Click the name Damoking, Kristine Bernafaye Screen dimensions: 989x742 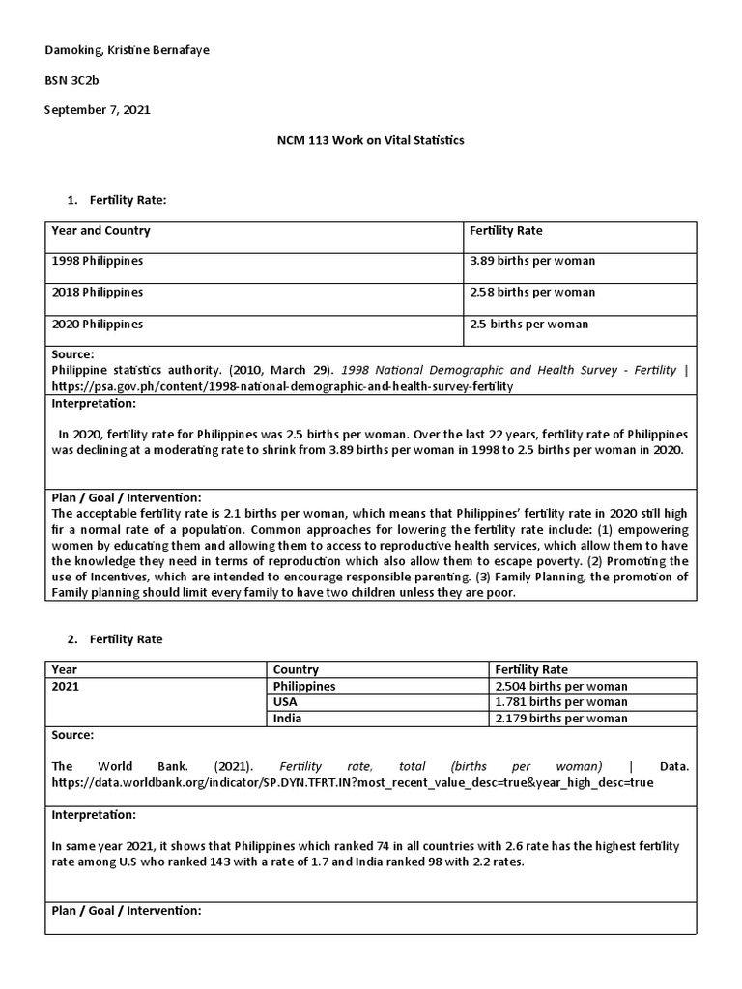(127, 49)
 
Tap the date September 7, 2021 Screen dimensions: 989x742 (98, 110)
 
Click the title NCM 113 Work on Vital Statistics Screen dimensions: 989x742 (370, 140)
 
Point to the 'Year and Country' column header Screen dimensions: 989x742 (100, 231)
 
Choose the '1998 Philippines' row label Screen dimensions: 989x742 (98, 261)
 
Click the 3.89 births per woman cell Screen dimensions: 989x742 (532, 261)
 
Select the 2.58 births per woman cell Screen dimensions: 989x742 (532, 292)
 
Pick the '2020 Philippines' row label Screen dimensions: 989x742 (98, 325)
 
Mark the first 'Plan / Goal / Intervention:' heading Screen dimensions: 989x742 (126, 496)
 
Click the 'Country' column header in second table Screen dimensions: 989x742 (296, 669)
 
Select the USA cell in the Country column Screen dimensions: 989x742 (285, 702)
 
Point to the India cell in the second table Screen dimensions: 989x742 (287, 718)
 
